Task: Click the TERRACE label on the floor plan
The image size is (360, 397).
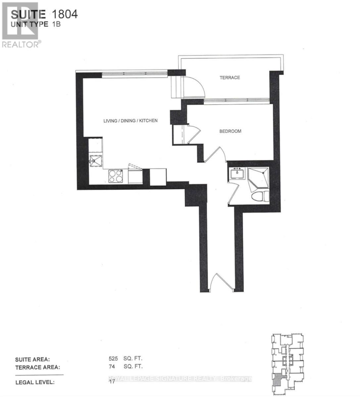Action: tap(230, 78)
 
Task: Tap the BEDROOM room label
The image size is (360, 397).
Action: tap(230, 131)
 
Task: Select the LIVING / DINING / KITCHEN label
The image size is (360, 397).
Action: tap(130, 121)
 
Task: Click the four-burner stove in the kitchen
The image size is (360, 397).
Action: tap(115, 176)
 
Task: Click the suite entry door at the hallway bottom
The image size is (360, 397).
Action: tap(221, 283)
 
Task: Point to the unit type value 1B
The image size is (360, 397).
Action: tap(56, 24)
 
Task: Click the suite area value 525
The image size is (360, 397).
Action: tap(113, 358)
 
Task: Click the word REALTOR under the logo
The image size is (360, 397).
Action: tap(20, 45)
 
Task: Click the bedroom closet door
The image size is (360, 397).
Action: tap(194, 134)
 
